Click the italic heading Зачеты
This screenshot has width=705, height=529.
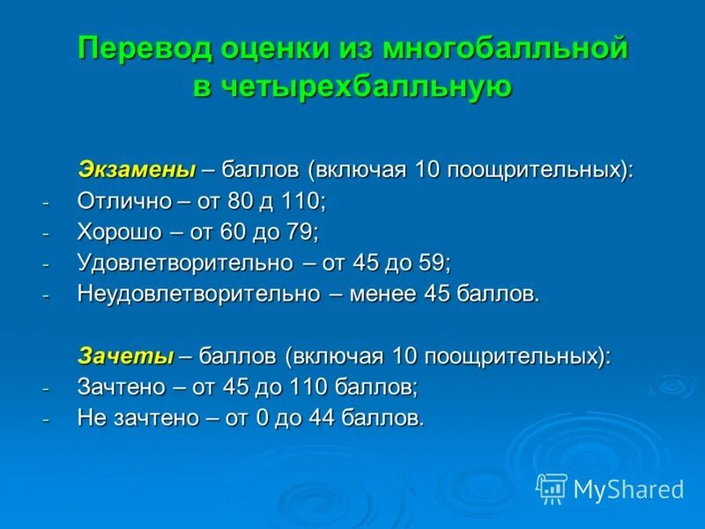click(126, 356)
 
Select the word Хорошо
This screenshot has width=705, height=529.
click(120, 232)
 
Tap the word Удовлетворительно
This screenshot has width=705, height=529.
click(184, 263)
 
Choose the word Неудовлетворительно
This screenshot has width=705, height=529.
click(198, 294)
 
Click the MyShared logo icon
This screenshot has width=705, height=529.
click(551, 488)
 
